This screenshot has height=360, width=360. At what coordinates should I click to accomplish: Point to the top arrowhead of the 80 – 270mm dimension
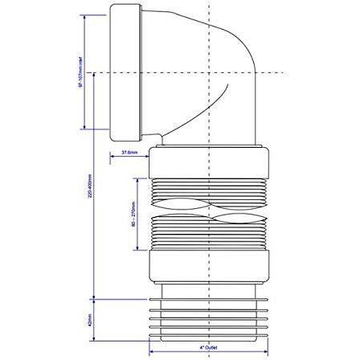141,178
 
